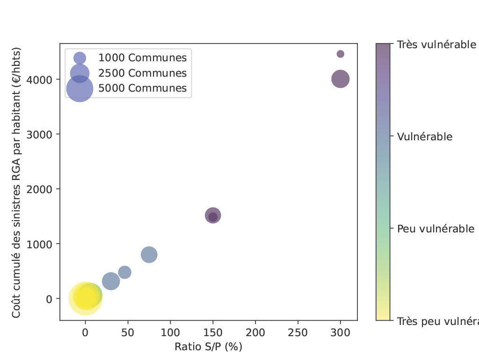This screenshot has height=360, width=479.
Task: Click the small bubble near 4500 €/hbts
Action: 340,54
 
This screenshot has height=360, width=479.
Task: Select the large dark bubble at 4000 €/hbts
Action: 340,79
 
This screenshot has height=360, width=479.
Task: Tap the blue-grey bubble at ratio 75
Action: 149,255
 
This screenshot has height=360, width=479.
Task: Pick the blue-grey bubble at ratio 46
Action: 124,272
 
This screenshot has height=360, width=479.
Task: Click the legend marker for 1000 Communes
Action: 80,58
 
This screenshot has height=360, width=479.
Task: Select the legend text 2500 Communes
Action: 142,73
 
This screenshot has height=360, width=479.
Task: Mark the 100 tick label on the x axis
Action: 170,332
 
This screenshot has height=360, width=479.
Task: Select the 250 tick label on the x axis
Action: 298,332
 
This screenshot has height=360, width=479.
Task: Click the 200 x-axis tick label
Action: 255,332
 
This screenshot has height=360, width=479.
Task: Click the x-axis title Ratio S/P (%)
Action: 208,347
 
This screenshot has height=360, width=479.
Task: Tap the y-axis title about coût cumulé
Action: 17,182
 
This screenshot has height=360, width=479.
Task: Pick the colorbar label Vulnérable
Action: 424,137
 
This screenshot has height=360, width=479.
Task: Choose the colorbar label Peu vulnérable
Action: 435,229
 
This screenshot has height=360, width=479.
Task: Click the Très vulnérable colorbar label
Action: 436,45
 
